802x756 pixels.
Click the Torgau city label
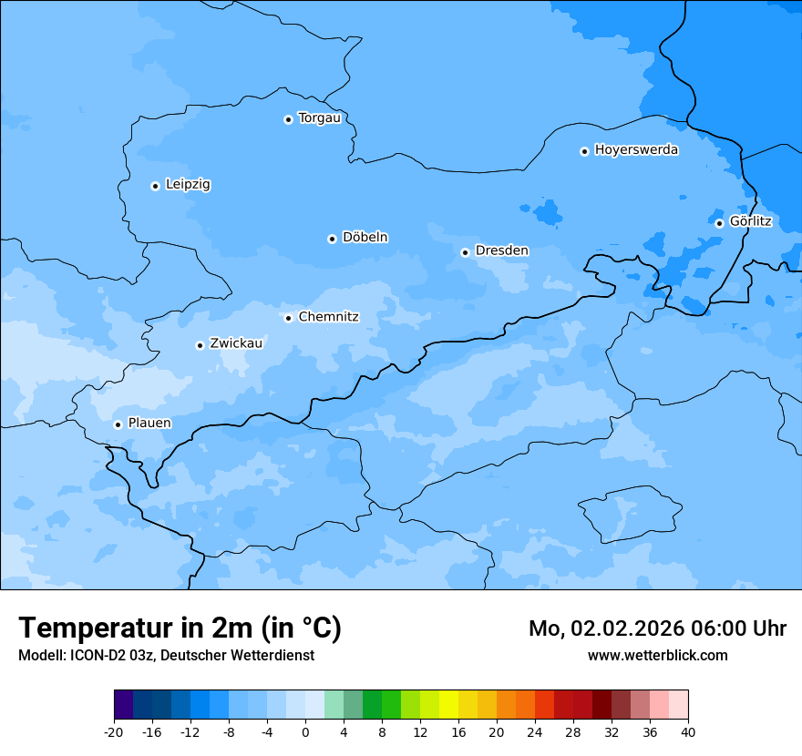point(319,118)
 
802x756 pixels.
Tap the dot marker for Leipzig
point(155,186)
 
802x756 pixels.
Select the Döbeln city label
point(365,238)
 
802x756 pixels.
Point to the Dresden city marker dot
point(465,252)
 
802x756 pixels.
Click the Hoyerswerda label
point(636,150)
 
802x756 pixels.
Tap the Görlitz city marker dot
point(719,223)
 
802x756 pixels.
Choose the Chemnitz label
point(328,318)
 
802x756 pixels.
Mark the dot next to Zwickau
point(200,345)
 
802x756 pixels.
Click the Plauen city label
point(149,424)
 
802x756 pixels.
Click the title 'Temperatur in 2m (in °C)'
point(180,628)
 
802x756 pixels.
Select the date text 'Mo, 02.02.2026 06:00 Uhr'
point(657,628)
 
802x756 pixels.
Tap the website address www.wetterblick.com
point(657,656)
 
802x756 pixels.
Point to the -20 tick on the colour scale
point(114,731)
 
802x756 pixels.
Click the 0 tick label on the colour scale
point(305,731)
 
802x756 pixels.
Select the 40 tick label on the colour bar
point(687,731)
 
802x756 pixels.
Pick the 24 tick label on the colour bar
point(534,731)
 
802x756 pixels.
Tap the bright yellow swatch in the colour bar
point(448,705)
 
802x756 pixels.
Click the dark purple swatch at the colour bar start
point(123,705)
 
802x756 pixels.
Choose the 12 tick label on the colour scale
point(420,731)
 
